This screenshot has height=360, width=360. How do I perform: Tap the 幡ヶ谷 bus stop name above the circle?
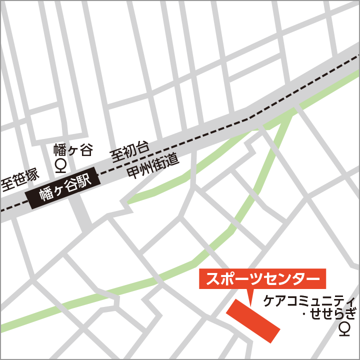tap(73, 149)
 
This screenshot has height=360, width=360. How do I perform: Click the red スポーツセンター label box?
tap(262, 278)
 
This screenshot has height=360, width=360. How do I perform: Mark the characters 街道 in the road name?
tap(166, 161)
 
